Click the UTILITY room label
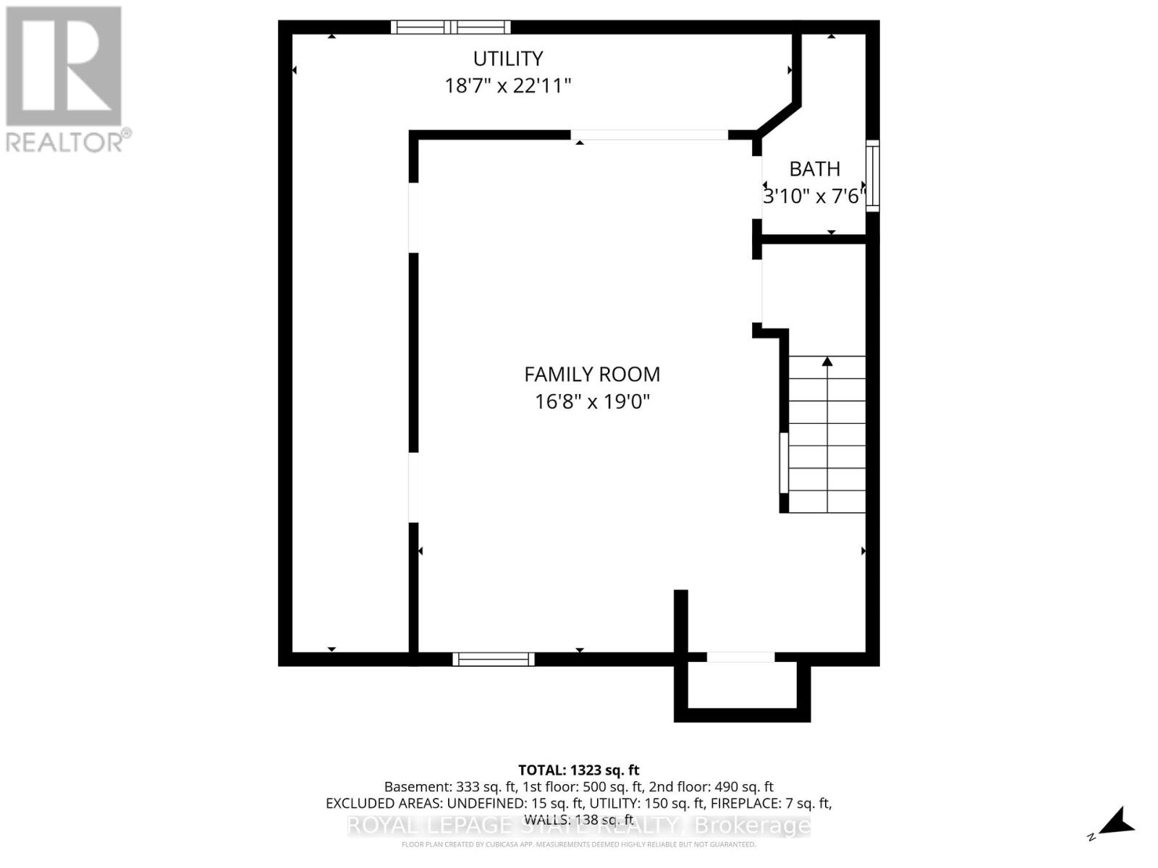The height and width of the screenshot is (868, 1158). [507, 59]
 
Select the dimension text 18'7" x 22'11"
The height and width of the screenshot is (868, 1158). [507, 86]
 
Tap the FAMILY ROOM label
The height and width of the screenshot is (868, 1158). [592, 375]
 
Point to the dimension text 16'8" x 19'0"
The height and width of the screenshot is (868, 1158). [592, 401]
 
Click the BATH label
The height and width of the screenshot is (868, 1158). [814, 169]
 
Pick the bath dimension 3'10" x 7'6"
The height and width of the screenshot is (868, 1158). [814, 196]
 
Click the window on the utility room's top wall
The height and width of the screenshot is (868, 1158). [451, 27]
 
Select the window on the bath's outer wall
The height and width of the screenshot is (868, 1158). [873, 176]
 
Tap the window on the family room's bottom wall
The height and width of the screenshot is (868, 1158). [494, 659]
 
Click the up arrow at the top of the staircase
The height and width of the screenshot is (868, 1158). [827, 361]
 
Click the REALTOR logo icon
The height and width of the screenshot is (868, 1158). [64, 67]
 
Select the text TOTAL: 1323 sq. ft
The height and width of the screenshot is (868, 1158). [578, 770]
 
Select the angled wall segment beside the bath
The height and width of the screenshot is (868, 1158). [779, 119]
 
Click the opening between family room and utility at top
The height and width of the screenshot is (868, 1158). [649, 135]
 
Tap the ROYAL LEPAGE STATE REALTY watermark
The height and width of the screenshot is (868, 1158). [578, 825]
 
